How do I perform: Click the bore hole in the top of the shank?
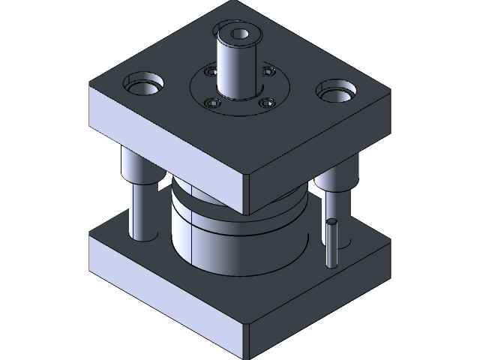coord(241,34)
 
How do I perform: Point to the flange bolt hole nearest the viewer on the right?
coord(265,103)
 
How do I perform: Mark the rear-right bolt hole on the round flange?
coord(268,72)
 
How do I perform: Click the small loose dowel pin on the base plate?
coord(331,242)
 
